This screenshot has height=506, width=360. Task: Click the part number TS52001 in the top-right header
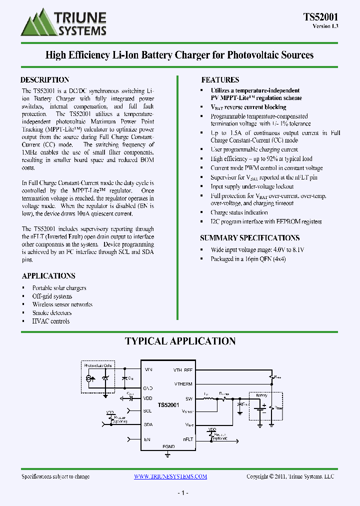(x=320, y=16)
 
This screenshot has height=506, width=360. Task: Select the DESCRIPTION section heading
(x=44, y=80)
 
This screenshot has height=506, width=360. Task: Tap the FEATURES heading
(x=220, y=80)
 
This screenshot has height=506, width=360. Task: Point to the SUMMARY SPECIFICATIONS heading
(x=249, y=238)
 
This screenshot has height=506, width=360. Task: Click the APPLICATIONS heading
(x=48, y=276)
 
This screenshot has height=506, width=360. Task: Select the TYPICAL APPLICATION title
(x=180, y=341)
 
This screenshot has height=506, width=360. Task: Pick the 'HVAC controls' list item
(x=51, y=321)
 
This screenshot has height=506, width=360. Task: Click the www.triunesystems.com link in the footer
(x=170, y=476)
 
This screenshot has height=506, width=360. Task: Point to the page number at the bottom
(x=182, y=493)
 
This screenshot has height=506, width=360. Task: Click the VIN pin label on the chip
(x=148, y=370)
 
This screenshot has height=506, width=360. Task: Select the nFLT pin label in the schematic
(x=188, y=439)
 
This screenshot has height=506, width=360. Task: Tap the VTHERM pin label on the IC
(x=183, y=384)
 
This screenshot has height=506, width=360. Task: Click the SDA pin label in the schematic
(x=148, y=425)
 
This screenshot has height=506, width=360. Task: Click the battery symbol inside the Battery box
(x=261, y=408)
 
